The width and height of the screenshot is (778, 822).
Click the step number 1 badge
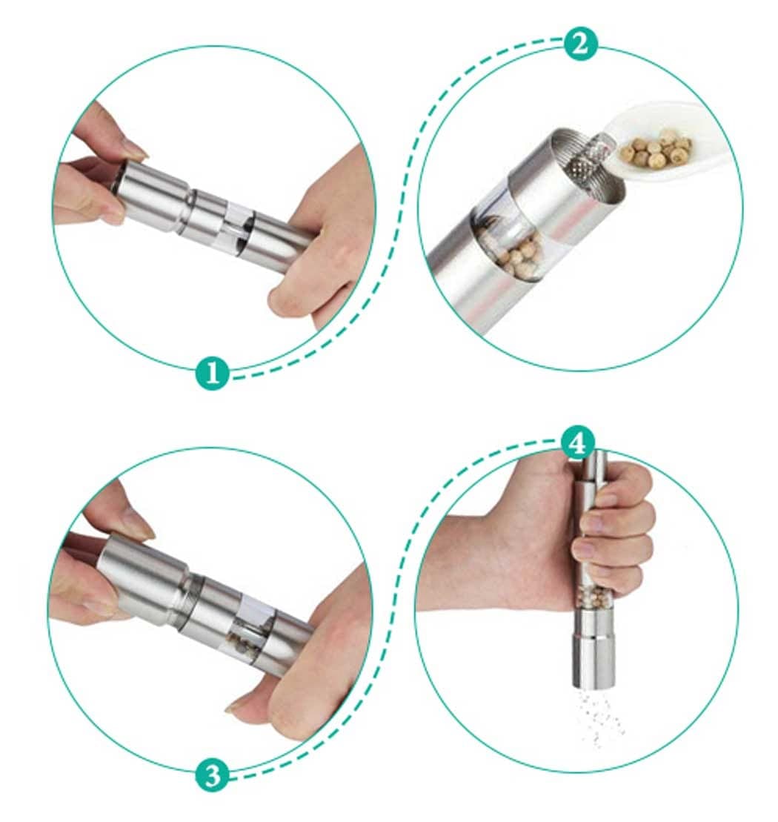pos(212,373)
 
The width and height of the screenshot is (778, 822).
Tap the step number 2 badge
pos(581,44)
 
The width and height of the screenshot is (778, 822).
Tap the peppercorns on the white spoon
pos(656,148)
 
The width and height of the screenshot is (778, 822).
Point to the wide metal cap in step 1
pos(152,195)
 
